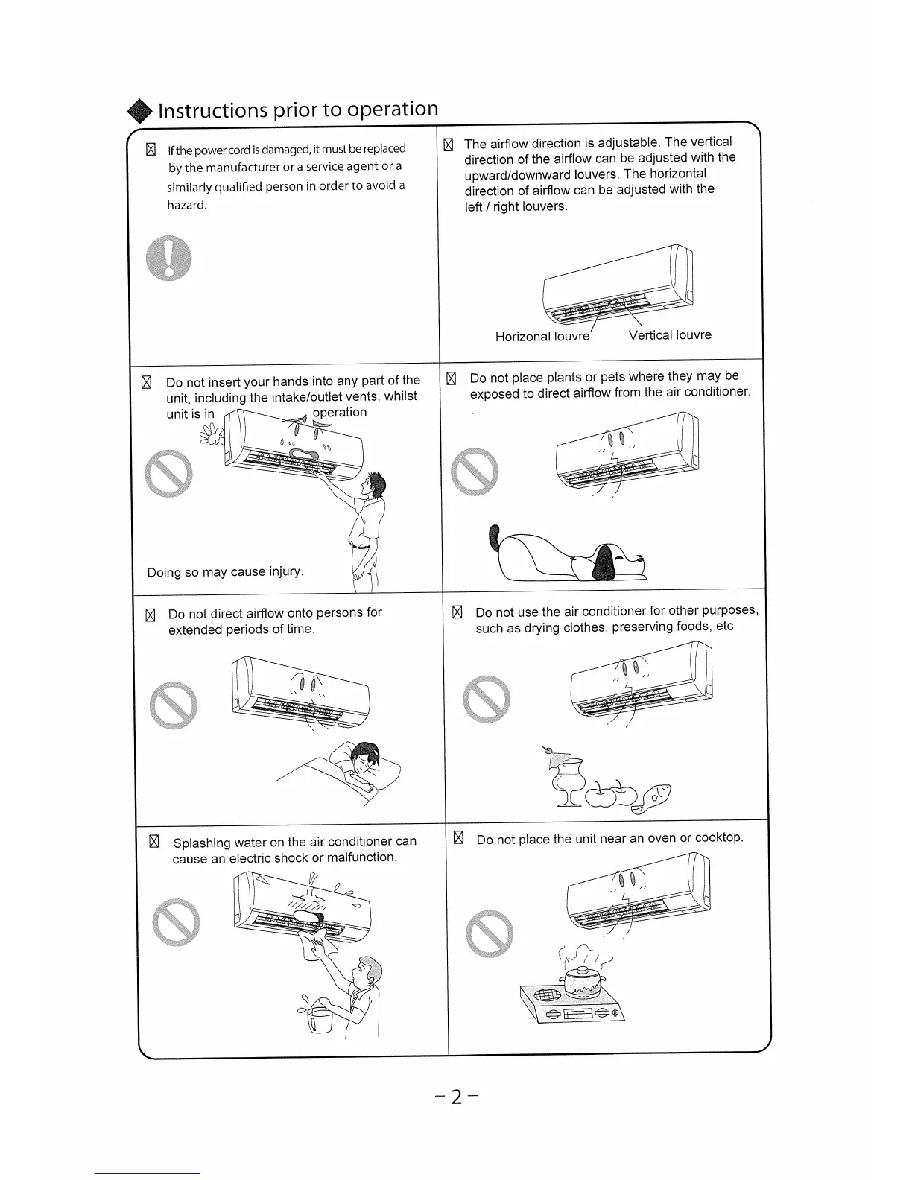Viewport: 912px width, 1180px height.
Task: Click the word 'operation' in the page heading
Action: tap(392, 109)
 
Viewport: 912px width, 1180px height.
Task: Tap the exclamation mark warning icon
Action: tap(169, 258)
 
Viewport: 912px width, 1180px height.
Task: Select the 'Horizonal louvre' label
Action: tap(542, 337)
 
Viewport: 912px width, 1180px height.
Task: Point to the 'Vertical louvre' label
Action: tap(670, 335)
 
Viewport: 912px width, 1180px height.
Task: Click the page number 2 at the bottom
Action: tap(456, 1097)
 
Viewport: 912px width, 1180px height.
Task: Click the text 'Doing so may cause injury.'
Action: tap(225, 572)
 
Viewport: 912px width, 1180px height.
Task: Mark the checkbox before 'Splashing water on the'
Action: tap(154, 842)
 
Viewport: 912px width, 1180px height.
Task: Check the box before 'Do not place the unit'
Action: tap(459, 838)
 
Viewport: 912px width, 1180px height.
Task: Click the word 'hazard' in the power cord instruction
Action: tap(186, 205)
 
